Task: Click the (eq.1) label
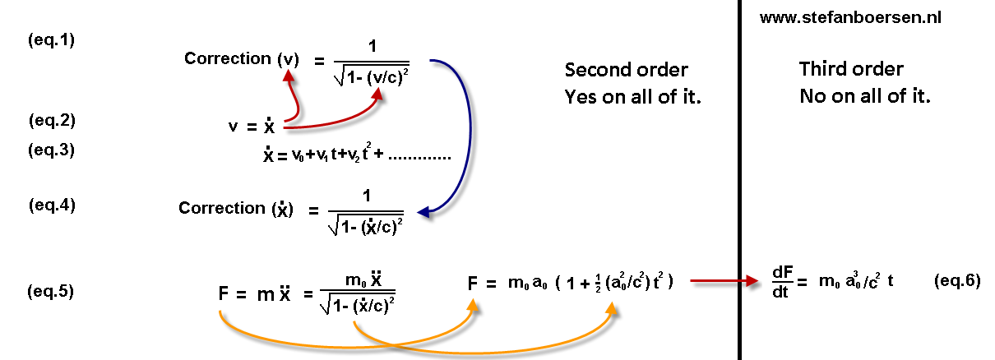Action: pyautogui.click(x=52, y=40)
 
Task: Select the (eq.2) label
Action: pyautogui.click(x=52, y=121)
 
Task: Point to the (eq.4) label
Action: pyautogui.click(x=52, y=205)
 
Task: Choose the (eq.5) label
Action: pyautogui.click(x=50, y=291)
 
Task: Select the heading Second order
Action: pyautogui.click(x=627, y=70)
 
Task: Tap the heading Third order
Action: pyautogui.click(x=851, y=70)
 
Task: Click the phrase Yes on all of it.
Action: pyautogui.click(x=637, y=97)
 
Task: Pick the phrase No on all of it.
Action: pyautogui.click(x=864, y=97)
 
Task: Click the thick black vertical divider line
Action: pyautogui.click(x=740, y=181)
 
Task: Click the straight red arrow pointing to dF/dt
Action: pyautogui.click(x=723, y=281)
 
